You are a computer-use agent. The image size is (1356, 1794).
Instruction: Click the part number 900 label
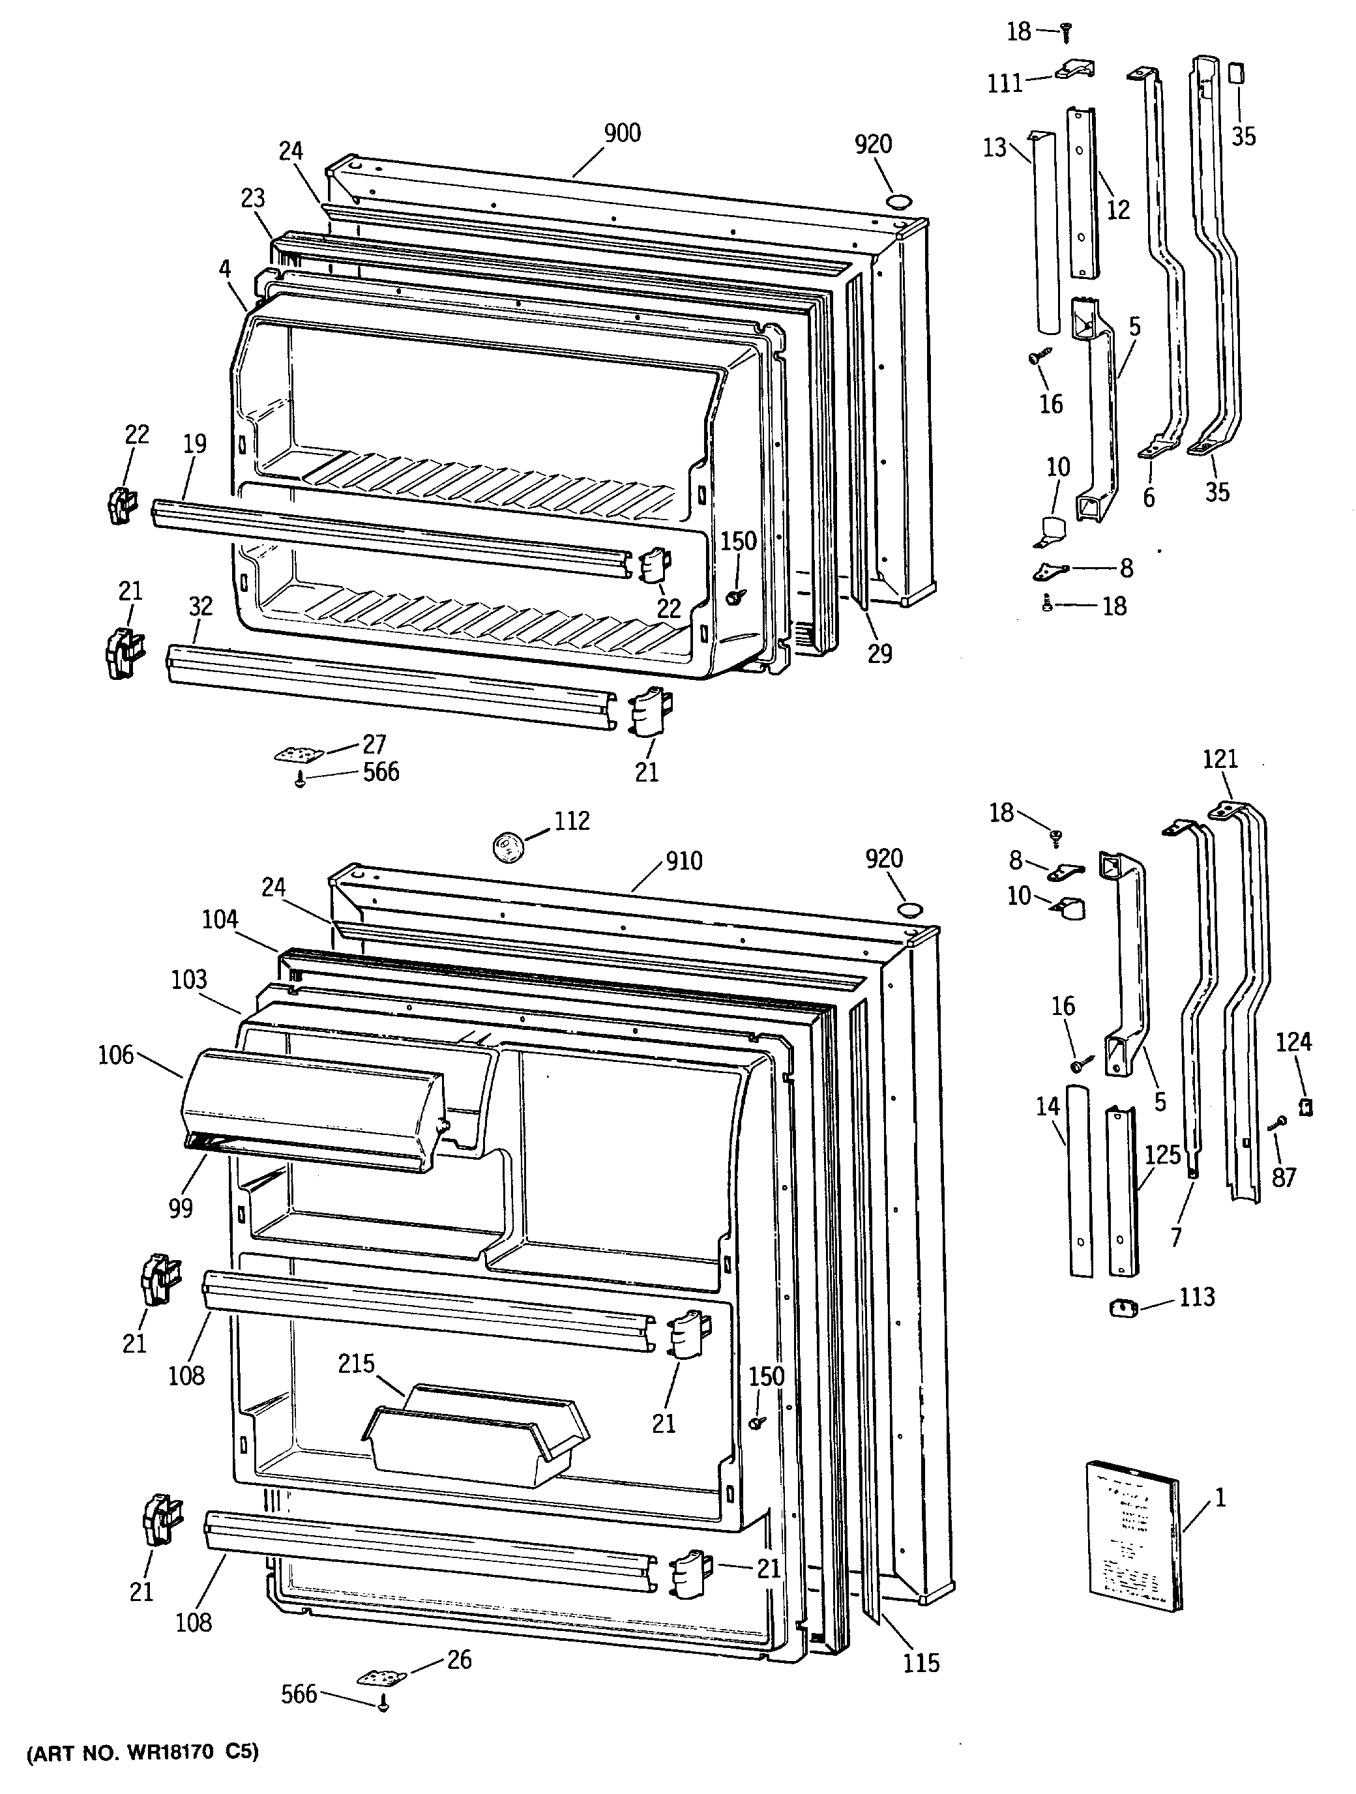coord(622,133)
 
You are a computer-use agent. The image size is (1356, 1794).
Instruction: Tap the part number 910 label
coord(684,860)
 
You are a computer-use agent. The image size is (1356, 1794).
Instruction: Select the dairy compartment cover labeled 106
coord(312,1110)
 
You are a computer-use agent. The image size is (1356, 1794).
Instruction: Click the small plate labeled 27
coord(299,754)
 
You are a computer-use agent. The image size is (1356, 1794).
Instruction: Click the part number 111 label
coord(1005,83)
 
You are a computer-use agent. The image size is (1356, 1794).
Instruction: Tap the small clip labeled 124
coord(1306,1107)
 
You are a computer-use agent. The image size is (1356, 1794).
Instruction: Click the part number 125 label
coord(1162,1155)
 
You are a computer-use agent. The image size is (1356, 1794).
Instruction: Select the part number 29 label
coord(879,653)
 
